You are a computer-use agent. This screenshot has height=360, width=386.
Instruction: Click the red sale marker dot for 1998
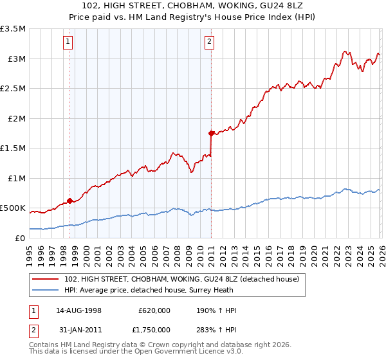(x=69, y=201)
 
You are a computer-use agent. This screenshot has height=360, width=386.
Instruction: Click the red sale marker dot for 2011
(x=210, y=134)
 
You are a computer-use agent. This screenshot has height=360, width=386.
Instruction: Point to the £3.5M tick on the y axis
(x=14, y=30)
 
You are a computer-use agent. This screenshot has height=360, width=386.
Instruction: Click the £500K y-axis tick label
(x=14, y=208)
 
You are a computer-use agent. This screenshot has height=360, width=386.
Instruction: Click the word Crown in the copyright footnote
(x=146, y=345)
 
